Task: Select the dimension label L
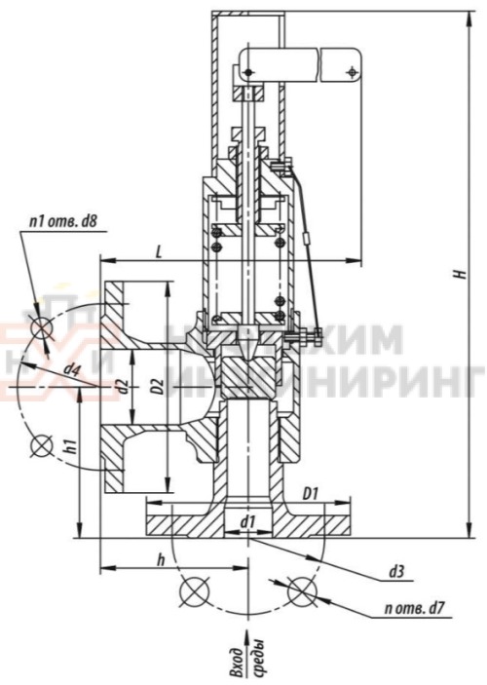pyautogui.click(x=159, y=250)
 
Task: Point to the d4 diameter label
pyautogui.click(x=71, y=370)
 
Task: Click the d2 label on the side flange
pyautogui.click(x=122, y=386)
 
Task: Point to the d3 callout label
pyautogui.click(x=396, y=572)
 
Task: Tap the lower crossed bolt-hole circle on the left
pyautogui.click(x=41, y=447)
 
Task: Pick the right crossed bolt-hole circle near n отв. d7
pyautogui.click(x=302, y=590)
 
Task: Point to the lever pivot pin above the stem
pyautogui.click(x=247, y=72)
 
